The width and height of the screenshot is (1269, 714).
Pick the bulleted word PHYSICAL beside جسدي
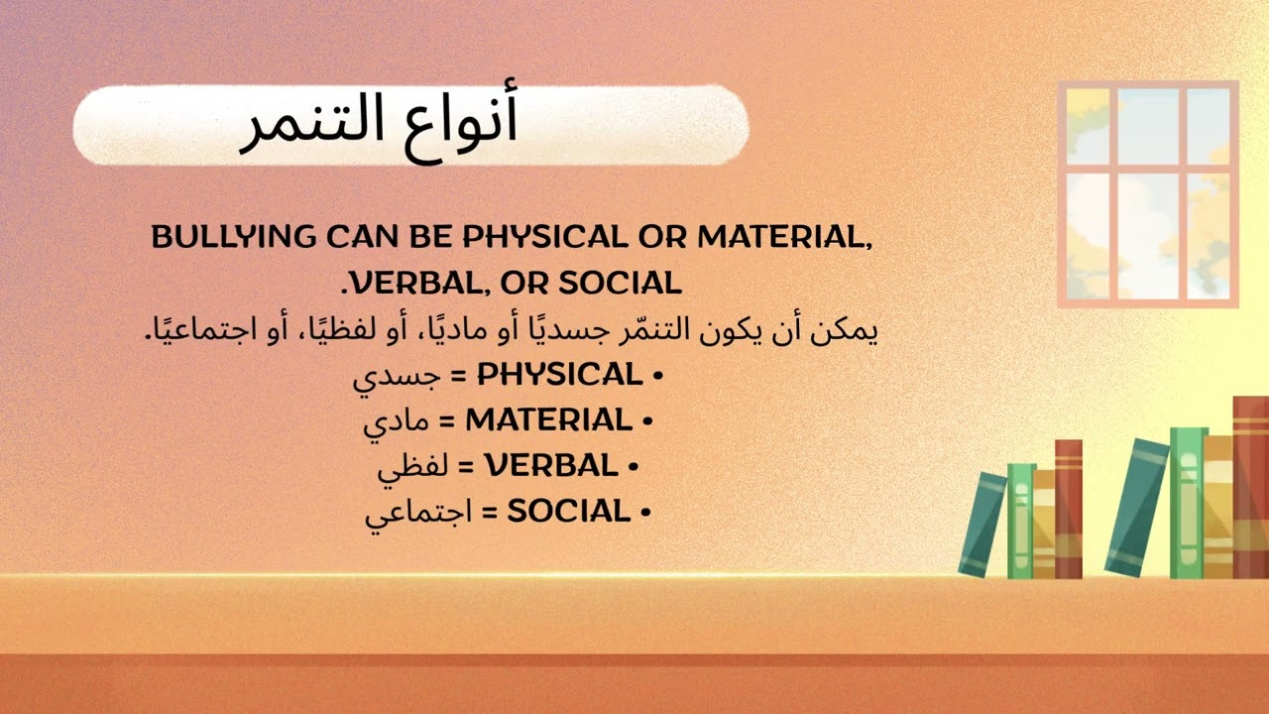click(x=560, y=375)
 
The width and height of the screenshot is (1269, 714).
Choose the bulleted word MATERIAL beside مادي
click(x=548, y=420)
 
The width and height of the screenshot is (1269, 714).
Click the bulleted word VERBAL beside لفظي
click(x=550, y=466)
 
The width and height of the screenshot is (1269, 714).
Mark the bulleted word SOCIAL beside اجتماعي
click(x=569, y=512)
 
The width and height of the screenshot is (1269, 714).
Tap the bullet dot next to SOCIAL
click(x=645, y=514)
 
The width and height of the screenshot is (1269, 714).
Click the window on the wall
click(x=1148, y=194)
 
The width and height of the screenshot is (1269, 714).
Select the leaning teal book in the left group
click(x=982, y=524)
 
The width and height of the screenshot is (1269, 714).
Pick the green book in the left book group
click(x=1020, y=521)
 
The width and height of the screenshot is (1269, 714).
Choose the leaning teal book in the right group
click(x=1137, y=507)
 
